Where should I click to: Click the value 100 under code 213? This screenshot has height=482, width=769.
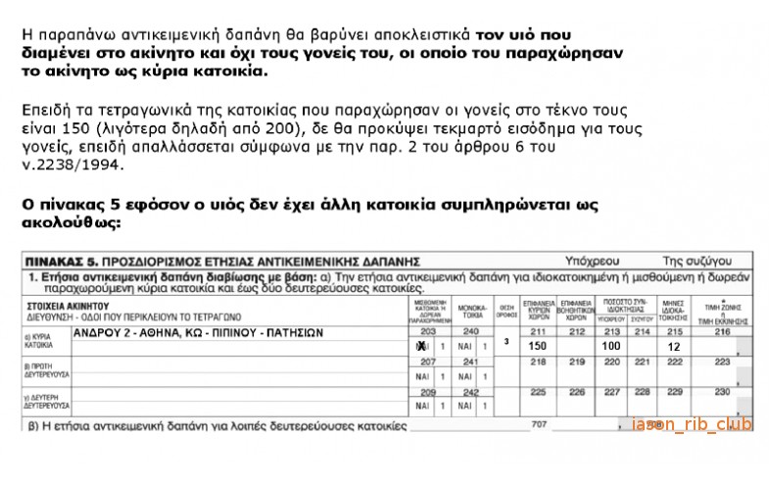(612, 347)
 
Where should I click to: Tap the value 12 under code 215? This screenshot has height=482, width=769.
(673, 347)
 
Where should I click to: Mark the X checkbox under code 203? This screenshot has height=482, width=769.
(420, 347)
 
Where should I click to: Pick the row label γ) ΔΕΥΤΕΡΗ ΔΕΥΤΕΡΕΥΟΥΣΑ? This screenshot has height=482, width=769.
(41, 402)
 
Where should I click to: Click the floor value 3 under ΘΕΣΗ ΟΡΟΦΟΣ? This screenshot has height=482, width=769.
(506, 341)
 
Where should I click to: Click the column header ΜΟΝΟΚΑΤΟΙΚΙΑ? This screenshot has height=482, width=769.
(472, 313)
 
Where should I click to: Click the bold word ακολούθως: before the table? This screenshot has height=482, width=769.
(71, 223)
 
